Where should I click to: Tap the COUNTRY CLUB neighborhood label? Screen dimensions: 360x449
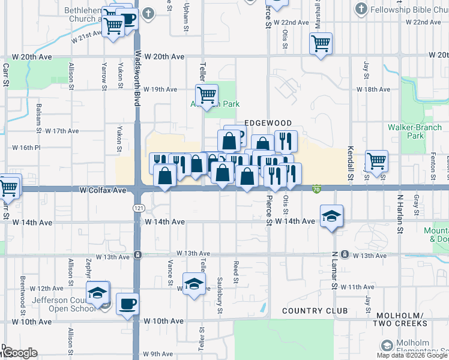(315, 311)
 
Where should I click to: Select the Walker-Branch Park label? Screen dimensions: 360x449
(414, 131)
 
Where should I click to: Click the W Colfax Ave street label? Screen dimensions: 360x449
(103, 190)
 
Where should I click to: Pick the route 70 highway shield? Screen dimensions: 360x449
(316, 190)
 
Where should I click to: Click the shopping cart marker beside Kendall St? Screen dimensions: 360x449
(376, 160)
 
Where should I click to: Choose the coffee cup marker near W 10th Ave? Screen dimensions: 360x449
(127, 303)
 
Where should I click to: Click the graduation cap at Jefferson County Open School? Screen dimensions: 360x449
(97, 292)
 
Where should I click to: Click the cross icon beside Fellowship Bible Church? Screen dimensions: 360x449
(361, 9)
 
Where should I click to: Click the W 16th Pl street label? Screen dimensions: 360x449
(26, 147)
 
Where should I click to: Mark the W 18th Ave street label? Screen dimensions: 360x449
(373, 89)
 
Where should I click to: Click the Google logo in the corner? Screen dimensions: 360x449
(19, 352)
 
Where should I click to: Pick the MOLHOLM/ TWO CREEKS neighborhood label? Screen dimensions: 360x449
(402, 319)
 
